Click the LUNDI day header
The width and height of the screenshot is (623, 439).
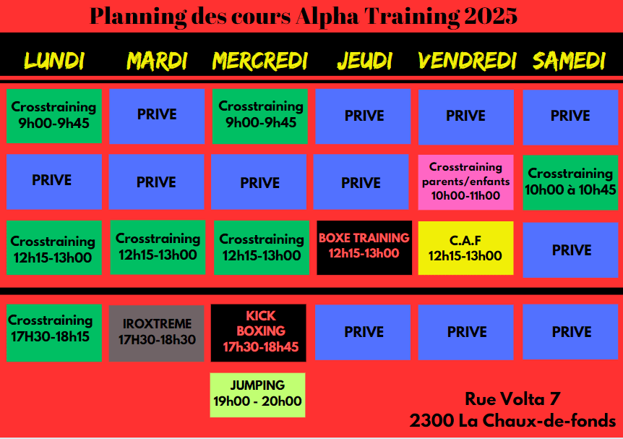pos(54,61)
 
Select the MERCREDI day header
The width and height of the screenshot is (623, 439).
pos(260,61)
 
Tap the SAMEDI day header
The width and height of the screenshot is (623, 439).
pos(569,61)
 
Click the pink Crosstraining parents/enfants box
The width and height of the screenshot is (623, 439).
pos(465,182)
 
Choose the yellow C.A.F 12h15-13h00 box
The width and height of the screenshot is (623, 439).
pos(465,248)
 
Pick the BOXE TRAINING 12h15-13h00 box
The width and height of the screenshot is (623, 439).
pos(364,247)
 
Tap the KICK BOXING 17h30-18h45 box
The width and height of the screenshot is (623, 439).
pos(258,333)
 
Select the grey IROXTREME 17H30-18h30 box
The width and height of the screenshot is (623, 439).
pos(157,333)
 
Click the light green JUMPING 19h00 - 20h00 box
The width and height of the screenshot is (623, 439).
pos(257,395)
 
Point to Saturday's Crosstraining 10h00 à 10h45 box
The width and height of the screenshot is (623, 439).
pos(570,182)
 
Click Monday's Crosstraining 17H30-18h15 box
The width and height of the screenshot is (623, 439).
pos(54,333)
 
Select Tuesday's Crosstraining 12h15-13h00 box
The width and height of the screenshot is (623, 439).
pos(158,247)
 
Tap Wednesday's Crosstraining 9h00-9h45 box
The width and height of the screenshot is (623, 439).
pos(260,116)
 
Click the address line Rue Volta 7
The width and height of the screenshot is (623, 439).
pos(512,398)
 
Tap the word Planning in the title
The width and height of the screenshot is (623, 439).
pos(138,17)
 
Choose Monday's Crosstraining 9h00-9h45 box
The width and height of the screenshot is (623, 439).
pos(54,116)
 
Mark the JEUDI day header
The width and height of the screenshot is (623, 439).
pos(364,61)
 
